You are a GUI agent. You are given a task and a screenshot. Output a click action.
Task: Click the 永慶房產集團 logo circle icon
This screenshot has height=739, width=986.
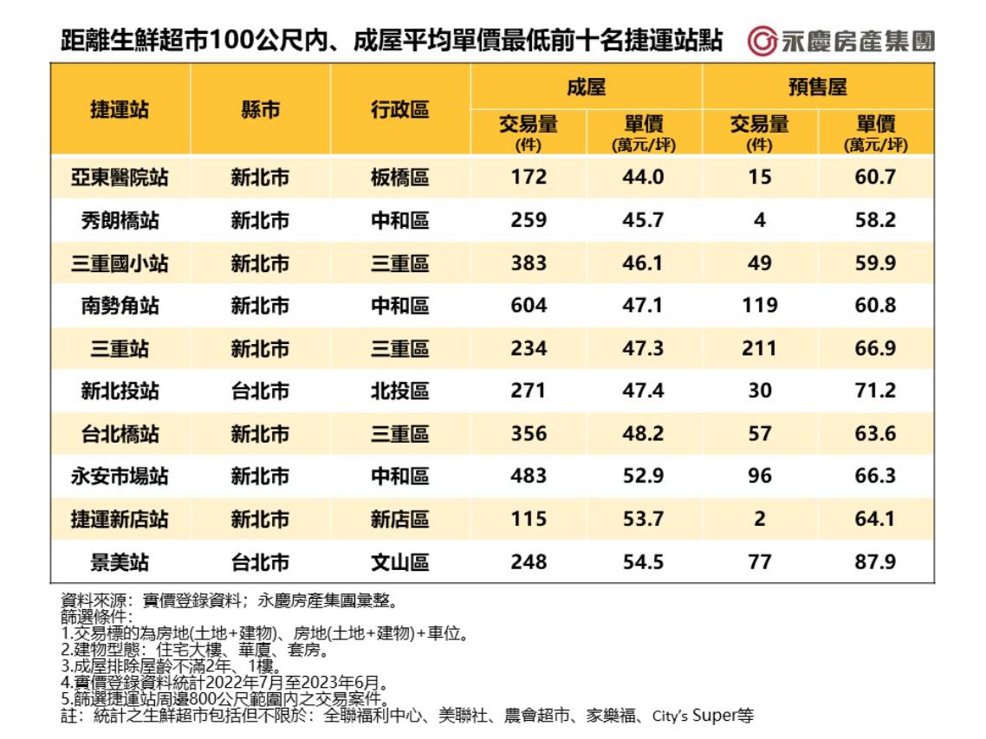(x=762, y=41)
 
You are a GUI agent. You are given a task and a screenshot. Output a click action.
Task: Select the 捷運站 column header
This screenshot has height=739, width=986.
(x=120, y=110)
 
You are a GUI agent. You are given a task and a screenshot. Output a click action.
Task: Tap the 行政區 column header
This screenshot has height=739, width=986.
(x=399, y=110)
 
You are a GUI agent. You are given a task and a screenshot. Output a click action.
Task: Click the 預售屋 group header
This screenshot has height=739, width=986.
(x=817, y=87)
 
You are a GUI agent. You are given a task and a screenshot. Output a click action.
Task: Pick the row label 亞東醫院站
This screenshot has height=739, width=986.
(x=120, y=178)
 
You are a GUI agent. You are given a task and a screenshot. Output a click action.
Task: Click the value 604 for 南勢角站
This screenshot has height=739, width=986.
(x=529, y=306)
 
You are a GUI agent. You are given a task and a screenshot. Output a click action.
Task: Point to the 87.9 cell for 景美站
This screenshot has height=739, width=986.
(x=875, y=562)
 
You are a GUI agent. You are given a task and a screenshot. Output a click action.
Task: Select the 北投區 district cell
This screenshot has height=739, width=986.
(x=399, y=392)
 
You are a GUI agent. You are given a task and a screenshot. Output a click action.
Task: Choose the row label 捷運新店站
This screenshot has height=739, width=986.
(x=120, y=520)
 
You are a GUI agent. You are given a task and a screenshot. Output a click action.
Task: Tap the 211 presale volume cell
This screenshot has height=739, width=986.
(x=760, y=348)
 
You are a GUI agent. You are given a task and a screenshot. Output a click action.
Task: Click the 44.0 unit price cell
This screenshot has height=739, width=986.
(x=643, y=178)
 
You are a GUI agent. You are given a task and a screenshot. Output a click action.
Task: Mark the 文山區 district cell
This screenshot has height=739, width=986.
(x=399, y=562)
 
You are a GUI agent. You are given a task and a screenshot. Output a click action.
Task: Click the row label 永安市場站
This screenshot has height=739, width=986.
(x=120, y=476)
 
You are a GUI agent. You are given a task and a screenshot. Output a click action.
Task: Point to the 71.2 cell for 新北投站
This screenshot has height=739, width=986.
(x=875, y=392)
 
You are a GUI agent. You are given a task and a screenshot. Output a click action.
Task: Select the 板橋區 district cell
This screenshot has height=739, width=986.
(x=399, y=178)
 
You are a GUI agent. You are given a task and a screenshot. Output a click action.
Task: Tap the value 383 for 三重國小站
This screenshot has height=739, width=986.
(x=529, y=263)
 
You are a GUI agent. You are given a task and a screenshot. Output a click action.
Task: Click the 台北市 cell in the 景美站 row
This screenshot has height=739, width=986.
(x=260, y=562)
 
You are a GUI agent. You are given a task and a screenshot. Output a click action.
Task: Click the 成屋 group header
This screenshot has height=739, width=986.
(x=586, y=87)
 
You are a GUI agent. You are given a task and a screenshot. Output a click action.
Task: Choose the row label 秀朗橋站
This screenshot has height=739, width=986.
(x=120, y=221)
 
